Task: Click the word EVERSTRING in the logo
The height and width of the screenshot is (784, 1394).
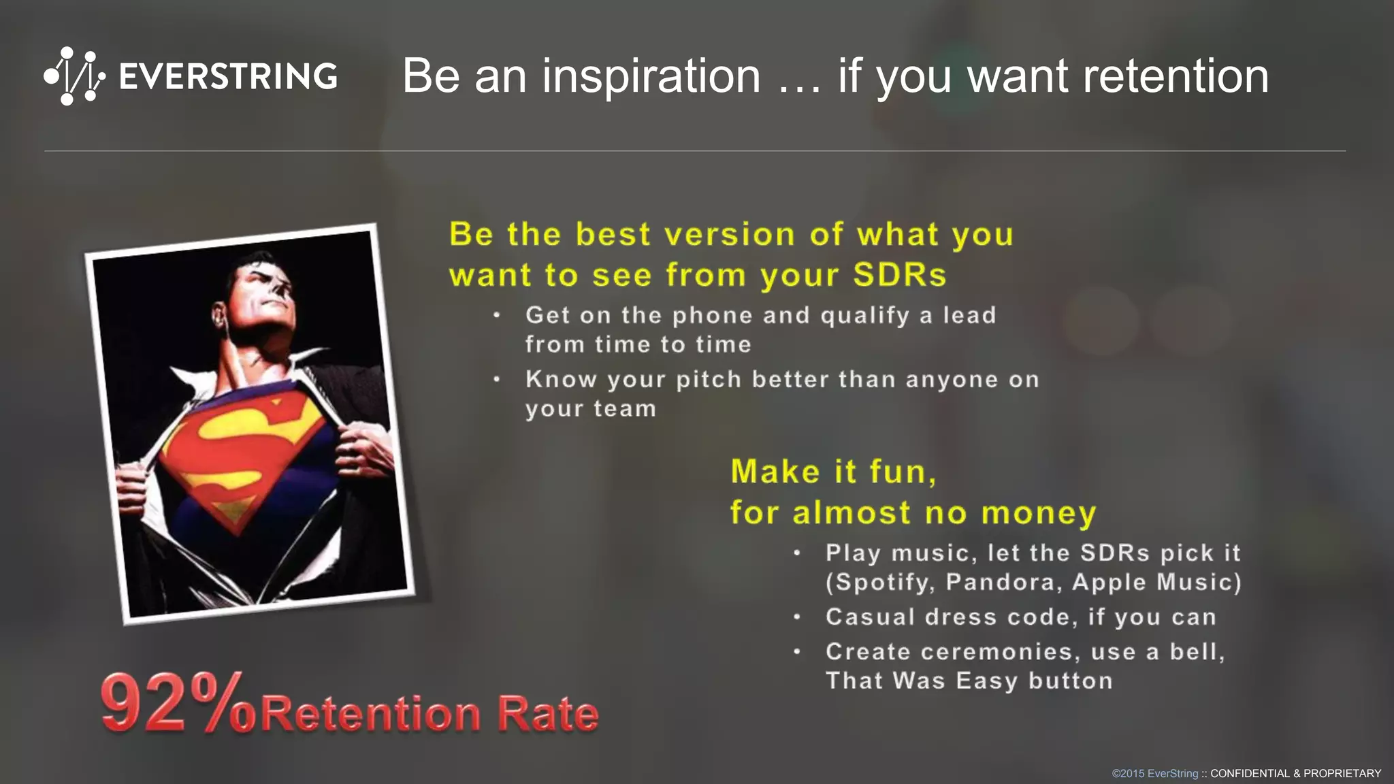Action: (x=228, y=76)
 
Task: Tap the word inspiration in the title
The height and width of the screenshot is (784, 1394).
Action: (x=651, y=76)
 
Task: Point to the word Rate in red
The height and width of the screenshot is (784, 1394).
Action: (x=548, y=714)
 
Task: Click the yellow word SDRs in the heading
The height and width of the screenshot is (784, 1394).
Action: (x=899, y=275)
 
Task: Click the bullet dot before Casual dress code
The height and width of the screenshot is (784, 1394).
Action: (x=796, y=617)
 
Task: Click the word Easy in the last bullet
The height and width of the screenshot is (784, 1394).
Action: (x=986, y=681)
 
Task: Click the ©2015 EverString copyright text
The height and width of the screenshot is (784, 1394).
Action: (x=1154, y=774)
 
